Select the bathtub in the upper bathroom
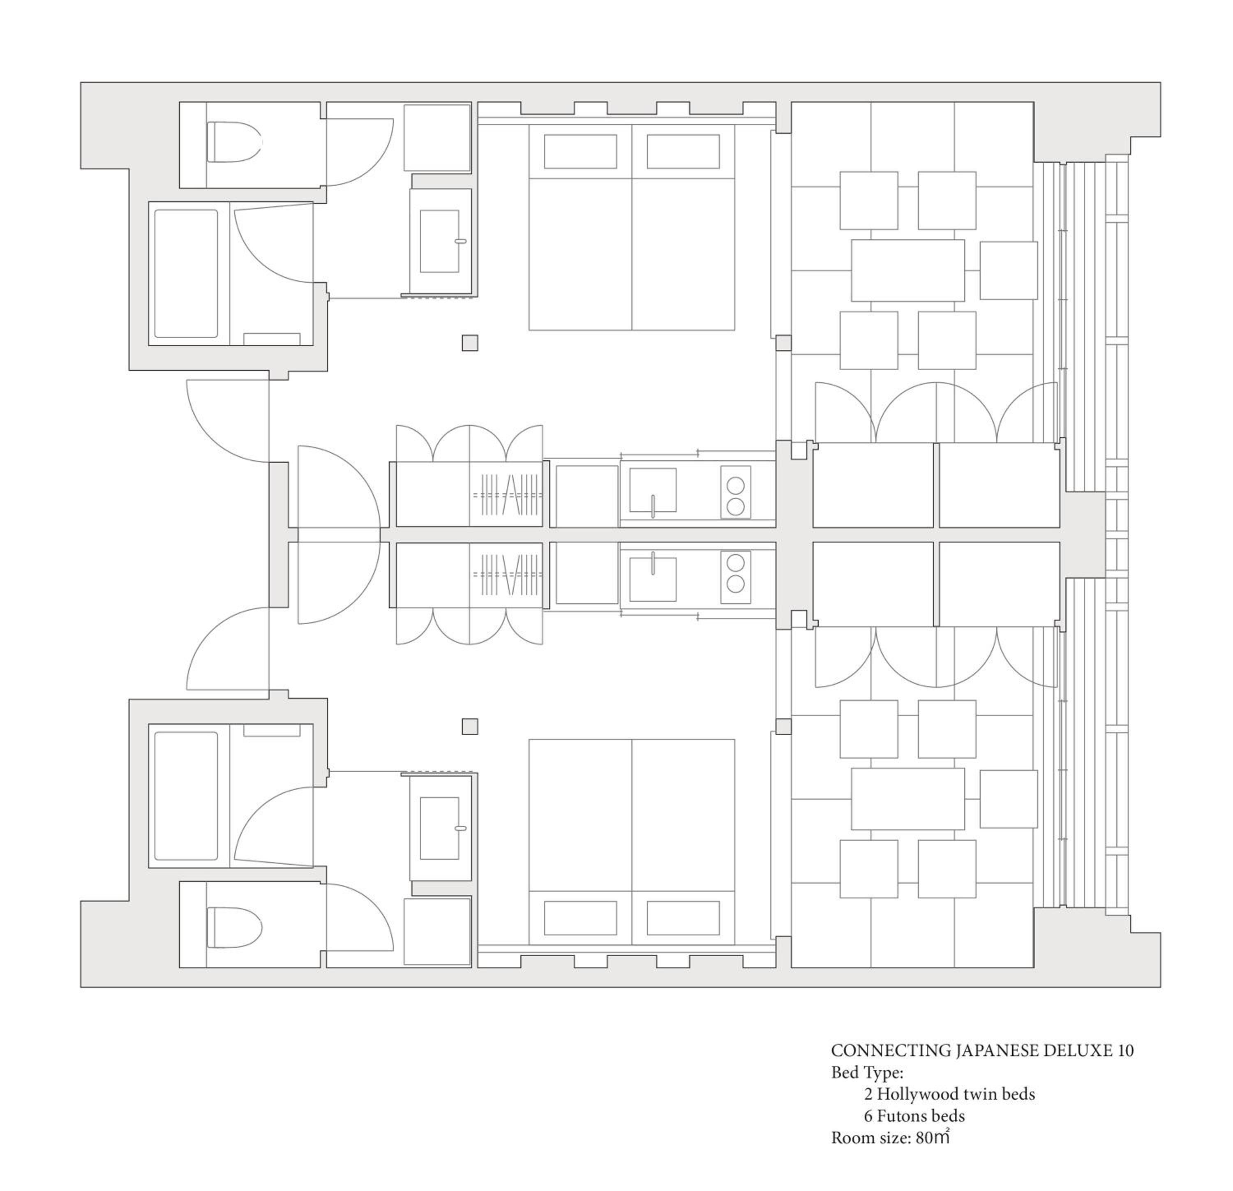[186, 274]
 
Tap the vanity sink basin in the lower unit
[440, 828]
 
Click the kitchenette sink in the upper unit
[653, 491]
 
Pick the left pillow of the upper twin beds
[580, 152]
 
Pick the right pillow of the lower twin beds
[683, 918]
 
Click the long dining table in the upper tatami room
[908, 270]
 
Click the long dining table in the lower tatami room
[908, 799]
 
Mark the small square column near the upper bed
[470, 343]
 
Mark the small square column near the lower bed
[470, 727]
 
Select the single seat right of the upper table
[1009, 270]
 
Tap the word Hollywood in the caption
[916, 1094]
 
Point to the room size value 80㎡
[933, 1138]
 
